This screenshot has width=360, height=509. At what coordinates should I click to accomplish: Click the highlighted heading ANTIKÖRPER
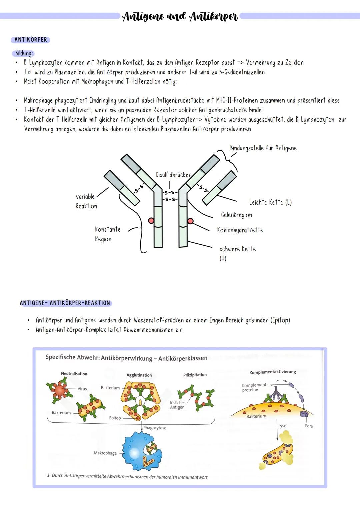(30, 40)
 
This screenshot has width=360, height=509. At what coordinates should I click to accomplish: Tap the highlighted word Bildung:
(24, 53)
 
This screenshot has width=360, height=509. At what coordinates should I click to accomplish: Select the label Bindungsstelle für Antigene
(263, 148)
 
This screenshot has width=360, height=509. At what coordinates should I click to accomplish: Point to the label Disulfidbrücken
(173, 175)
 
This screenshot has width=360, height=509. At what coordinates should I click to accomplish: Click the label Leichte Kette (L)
(270, 202)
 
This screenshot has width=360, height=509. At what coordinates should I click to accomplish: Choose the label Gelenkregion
(236, 215)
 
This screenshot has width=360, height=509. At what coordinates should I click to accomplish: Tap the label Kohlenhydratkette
(240, 230)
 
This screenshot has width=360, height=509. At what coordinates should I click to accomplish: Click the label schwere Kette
(237, 249)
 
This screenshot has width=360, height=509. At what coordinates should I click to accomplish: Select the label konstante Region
(107, 234)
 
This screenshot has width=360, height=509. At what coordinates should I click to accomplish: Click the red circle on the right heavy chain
(190, 221)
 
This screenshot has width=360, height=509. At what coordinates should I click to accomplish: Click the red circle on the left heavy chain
(151, 221)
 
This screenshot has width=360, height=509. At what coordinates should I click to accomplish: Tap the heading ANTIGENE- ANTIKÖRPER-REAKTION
(65, 303)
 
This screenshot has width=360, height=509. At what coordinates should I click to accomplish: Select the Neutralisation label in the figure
(74, 374)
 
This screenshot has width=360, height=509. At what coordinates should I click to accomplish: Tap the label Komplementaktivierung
(272, 372)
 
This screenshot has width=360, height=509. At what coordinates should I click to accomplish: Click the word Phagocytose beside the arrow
(155, 428)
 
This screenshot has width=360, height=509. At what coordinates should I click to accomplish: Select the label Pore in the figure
(309, 426)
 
